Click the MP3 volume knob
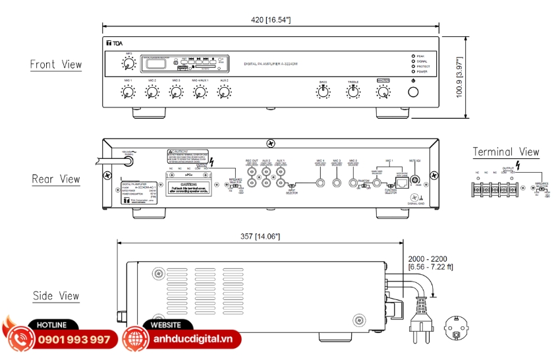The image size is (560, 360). coord(129,64)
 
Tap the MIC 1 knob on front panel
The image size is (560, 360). coord(127,93)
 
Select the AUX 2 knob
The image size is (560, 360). coord(224,93)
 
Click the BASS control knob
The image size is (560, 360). coord(323,93)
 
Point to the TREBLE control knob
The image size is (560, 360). coord(353,93)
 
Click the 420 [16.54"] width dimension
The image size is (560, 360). coord(271,20)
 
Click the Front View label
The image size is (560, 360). coord(56,65)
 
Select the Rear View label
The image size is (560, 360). coord(56,179)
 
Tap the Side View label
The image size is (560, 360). coord(56,296)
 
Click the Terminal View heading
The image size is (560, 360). coord(505,152)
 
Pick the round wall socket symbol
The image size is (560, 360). coord(454,330)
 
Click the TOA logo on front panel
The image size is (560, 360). coord(115,44)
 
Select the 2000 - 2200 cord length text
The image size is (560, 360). coord(427,259)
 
